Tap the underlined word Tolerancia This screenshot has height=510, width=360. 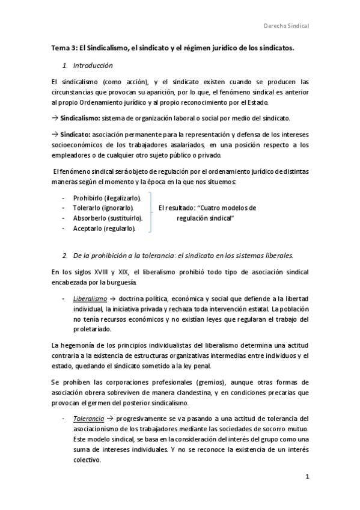tap(88, 418)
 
